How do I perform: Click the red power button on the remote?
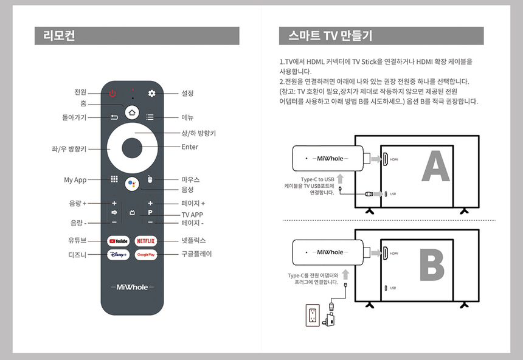(113, 93)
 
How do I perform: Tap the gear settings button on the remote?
(152, 93)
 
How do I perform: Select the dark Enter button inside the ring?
(132, 148)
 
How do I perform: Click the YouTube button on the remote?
(119, 241)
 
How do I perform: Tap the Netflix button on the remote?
(146, 241)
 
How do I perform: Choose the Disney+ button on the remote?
(119, 255)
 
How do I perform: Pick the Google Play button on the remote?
(146, 255)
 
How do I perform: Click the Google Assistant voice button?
(132, 184)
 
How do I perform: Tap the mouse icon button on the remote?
(150, 179)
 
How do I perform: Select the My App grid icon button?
(114, 179)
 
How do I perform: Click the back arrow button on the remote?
(114, 117)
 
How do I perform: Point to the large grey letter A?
(435, 166)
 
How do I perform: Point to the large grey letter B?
(432, 265)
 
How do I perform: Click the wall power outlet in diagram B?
(313, 315)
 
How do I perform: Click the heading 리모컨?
(59, 35)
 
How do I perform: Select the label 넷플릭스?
(193, 241)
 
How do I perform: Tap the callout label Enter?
(190, 147)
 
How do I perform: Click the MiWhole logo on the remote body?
(133, 287)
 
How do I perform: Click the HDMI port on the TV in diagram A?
(386, 159)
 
